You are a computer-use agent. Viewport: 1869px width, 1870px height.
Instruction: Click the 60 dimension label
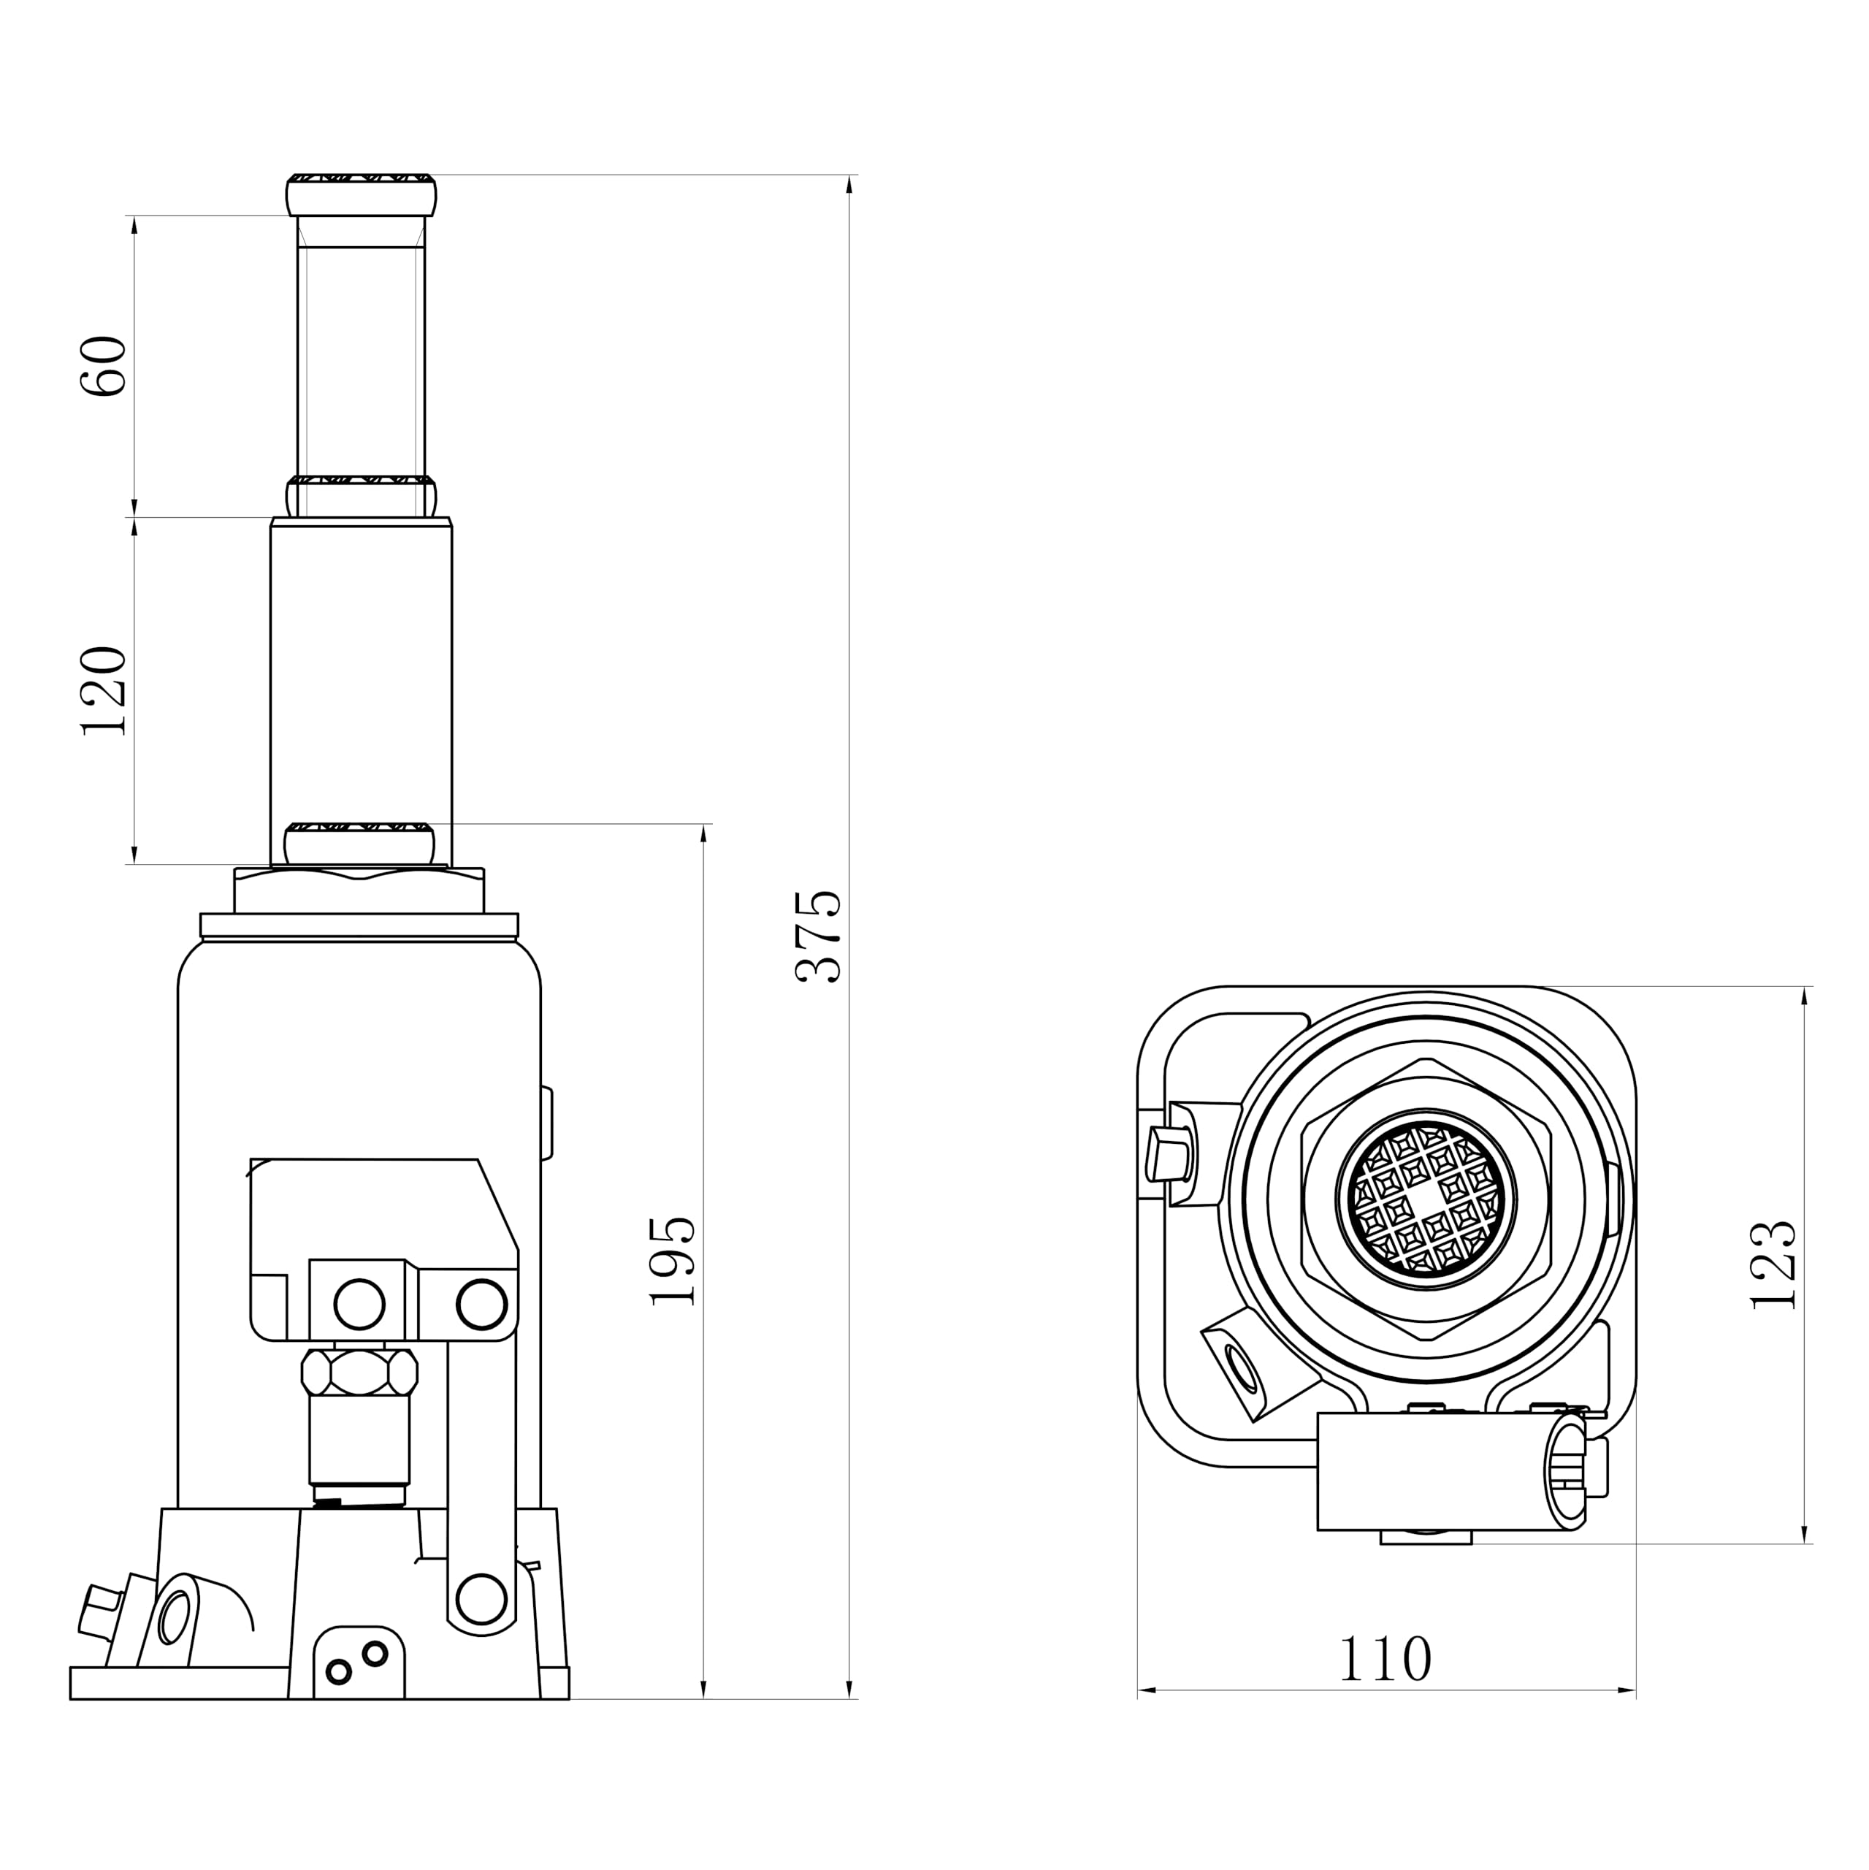coord(104,366)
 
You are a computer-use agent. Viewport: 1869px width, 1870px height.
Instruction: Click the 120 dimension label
coord(104,691)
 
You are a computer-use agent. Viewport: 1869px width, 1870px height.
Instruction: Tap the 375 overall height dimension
coord(819,937)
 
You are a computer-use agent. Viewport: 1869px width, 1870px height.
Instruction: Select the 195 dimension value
coord(673,1262)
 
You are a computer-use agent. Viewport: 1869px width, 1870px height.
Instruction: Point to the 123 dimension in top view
coord(1775,1265)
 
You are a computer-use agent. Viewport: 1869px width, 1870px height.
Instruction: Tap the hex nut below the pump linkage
coord(360,1373)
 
